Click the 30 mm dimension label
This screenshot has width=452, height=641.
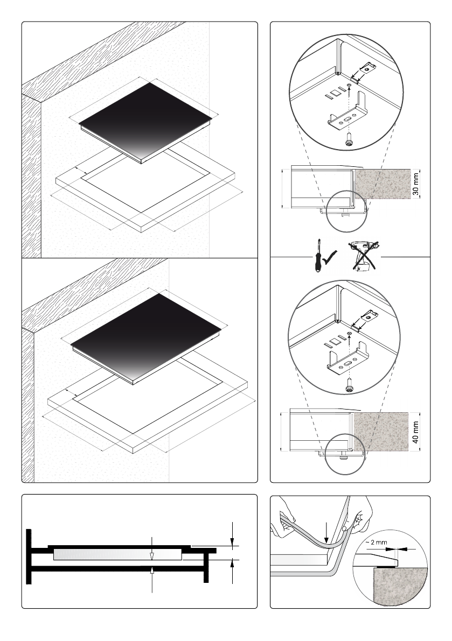(x=415, y=185)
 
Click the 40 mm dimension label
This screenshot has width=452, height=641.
(x=415, y=433)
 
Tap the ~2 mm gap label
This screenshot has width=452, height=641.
(x=376, y=543)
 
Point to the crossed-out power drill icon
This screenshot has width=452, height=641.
(x=365, y=256)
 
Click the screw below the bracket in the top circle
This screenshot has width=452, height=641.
(x=349, y=138)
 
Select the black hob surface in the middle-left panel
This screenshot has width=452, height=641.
(x=146, y=337)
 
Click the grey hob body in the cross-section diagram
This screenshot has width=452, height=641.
(x=118, y=554)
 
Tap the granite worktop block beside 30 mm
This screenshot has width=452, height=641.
(x=383, y=184)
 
